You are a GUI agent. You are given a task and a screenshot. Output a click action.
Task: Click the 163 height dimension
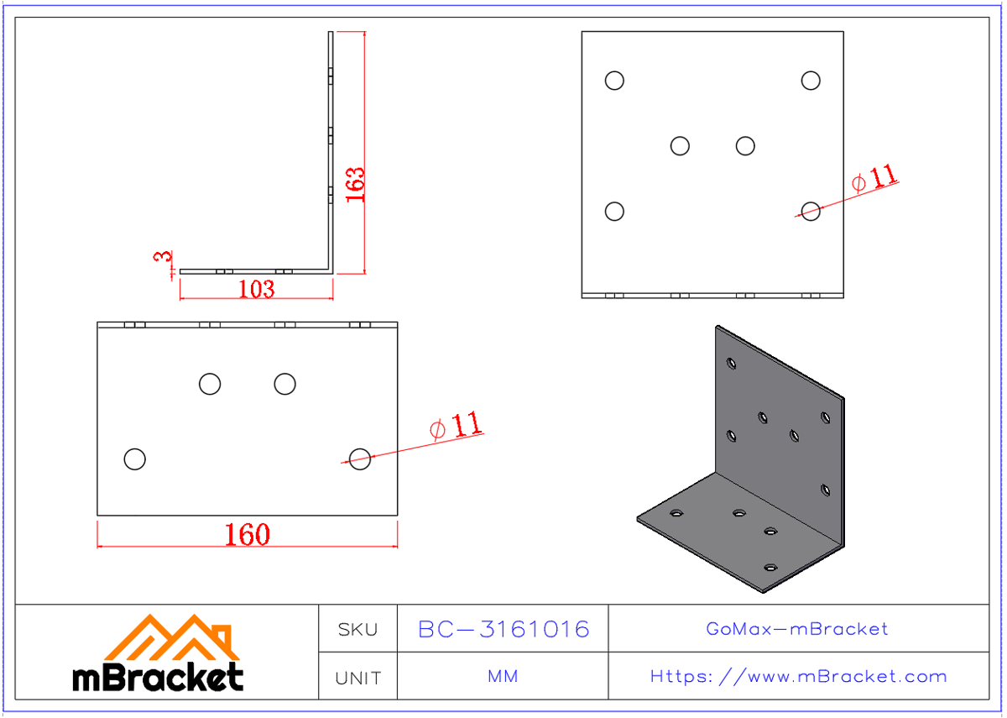click(x=356, y=184)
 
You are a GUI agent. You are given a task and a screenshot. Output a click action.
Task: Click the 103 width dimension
click(x=256, y=289)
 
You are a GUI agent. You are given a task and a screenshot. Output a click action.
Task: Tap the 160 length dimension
click(x=248, y=535)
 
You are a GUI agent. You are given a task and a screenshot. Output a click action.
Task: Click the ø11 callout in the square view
click(x=874, y=179)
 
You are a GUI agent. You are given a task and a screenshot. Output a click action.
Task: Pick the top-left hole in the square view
click(x=614, y=81)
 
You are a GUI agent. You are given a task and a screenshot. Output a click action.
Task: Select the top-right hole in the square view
click(x=811, y=81)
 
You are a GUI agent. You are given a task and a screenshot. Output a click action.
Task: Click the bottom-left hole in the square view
click(x=614, y=211)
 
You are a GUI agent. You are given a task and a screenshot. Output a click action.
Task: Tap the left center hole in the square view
click(x=680, y=146)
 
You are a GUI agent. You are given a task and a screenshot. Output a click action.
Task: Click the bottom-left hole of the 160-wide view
click(x=134, y=459)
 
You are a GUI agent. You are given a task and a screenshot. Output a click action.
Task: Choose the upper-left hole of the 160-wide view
click(x=210, y=384)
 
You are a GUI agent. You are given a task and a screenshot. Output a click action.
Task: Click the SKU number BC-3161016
click(x=503, y=629)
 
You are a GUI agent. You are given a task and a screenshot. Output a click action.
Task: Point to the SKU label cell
click(x=357, y=629)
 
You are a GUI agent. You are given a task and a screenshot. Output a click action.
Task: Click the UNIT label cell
click(x=357, y=677)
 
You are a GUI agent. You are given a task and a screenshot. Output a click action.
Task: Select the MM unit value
click(x=503, y=677)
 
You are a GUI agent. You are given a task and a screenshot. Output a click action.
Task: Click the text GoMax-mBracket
click(x=797, y=629)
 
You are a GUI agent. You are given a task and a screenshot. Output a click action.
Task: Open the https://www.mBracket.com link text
click(x=798, y=677)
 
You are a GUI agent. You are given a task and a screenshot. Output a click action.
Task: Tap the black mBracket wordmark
click(x=159, y=677)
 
